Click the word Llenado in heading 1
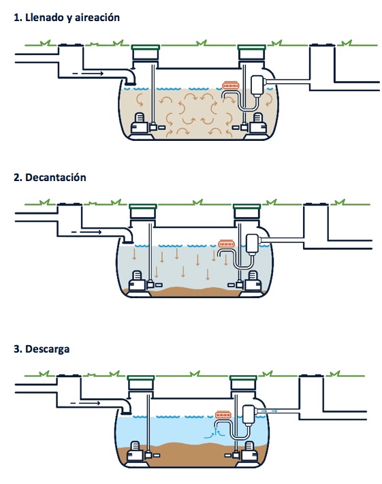tap(44, 17)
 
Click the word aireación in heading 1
tap(97, 17)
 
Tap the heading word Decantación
tap(56, 177)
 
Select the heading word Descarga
tap(47, 349)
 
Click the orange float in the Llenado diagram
tap(230, 85)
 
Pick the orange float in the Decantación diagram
tap(226, 244)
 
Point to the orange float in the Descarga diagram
tap(223, 415)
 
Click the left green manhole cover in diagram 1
tap(146, 47)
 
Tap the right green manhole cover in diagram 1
tap(251, 47)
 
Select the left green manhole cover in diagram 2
tap(143, 206)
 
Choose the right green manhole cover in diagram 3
tap(243, 378)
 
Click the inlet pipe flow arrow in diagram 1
tap(88, 74)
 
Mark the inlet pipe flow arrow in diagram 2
tap(86, 232)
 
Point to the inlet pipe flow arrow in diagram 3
tap(85, 403)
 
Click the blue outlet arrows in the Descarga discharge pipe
tap(269, 411)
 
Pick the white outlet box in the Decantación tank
tap(253, 244)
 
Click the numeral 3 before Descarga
tap(16, 349)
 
